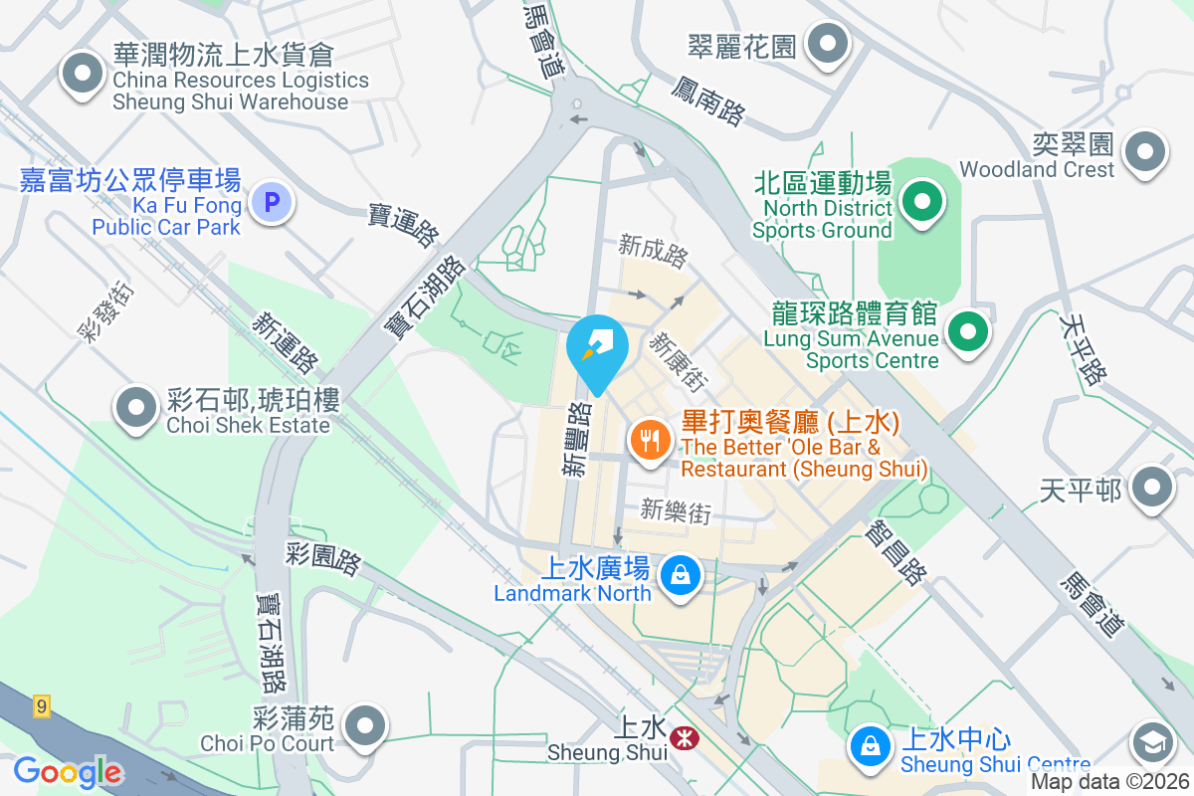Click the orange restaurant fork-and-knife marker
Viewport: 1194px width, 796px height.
pyautogui.click(x=650, y=438)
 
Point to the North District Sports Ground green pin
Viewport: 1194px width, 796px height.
pyautogui.click(x=922, y=202)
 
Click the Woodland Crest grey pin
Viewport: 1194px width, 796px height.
pyautogui.click(x=1144, y=152)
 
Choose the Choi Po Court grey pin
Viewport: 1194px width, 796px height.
pyautogui.click(x=367, y=726)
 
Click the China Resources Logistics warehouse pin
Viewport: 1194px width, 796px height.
pyautogui.click(x=83, y=74)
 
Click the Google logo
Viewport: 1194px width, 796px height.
pyautogui.click(x=67, y=772)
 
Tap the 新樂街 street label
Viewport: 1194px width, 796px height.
pyautogui.click(x=676, y=511)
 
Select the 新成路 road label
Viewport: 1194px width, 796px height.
pyautogui.click(x=653, y=251)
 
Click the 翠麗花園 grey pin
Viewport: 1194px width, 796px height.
pyautogui.click(x=827, y=44)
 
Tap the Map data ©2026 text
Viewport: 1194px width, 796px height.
pyautogui.click(x=1109, y=782)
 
